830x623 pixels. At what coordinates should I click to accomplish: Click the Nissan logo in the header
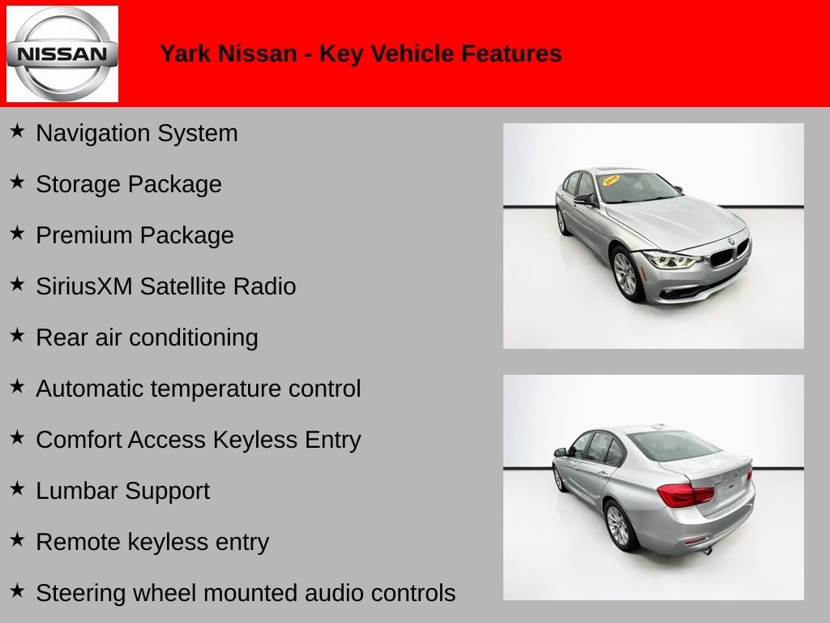tap(62, 54)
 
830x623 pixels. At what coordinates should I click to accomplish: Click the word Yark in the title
tap(184, 54)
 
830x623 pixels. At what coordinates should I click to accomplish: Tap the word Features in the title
tap(511, 54)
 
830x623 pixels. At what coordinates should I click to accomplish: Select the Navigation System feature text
tap(136, 133)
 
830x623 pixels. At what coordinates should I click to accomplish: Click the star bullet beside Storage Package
tap(17, 182)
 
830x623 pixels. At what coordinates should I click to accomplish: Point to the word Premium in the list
tap(83, 235)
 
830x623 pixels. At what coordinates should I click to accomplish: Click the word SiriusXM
tap(84, 286)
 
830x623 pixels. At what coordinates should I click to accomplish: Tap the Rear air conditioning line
tap(147, 337)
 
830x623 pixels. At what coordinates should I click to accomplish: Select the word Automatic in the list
tap(90, 389)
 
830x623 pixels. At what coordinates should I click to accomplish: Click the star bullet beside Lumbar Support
tap(17, 488)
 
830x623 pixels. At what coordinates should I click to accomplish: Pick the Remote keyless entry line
tap(152, 542)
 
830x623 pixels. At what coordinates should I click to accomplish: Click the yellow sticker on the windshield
tap(611, 179)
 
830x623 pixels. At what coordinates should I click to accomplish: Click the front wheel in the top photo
tap(627, 274)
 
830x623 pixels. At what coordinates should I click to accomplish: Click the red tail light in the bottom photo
tap(686, 495)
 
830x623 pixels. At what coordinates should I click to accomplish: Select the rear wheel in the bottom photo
tap(618, 526)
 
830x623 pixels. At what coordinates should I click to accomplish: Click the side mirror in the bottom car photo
tap(560, 452)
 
